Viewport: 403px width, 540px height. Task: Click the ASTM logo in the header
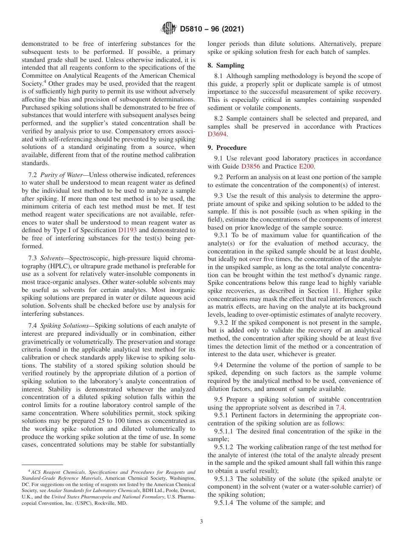pos(169,29)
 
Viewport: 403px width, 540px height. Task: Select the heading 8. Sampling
pos(226,65)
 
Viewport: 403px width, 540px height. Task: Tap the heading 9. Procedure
pos(227,148)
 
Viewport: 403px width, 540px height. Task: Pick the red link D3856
pos(250,166)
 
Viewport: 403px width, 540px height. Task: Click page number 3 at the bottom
pos(201,521)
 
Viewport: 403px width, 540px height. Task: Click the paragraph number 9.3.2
pos(224,323)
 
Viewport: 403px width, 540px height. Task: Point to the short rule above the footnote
pos(42,465)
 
